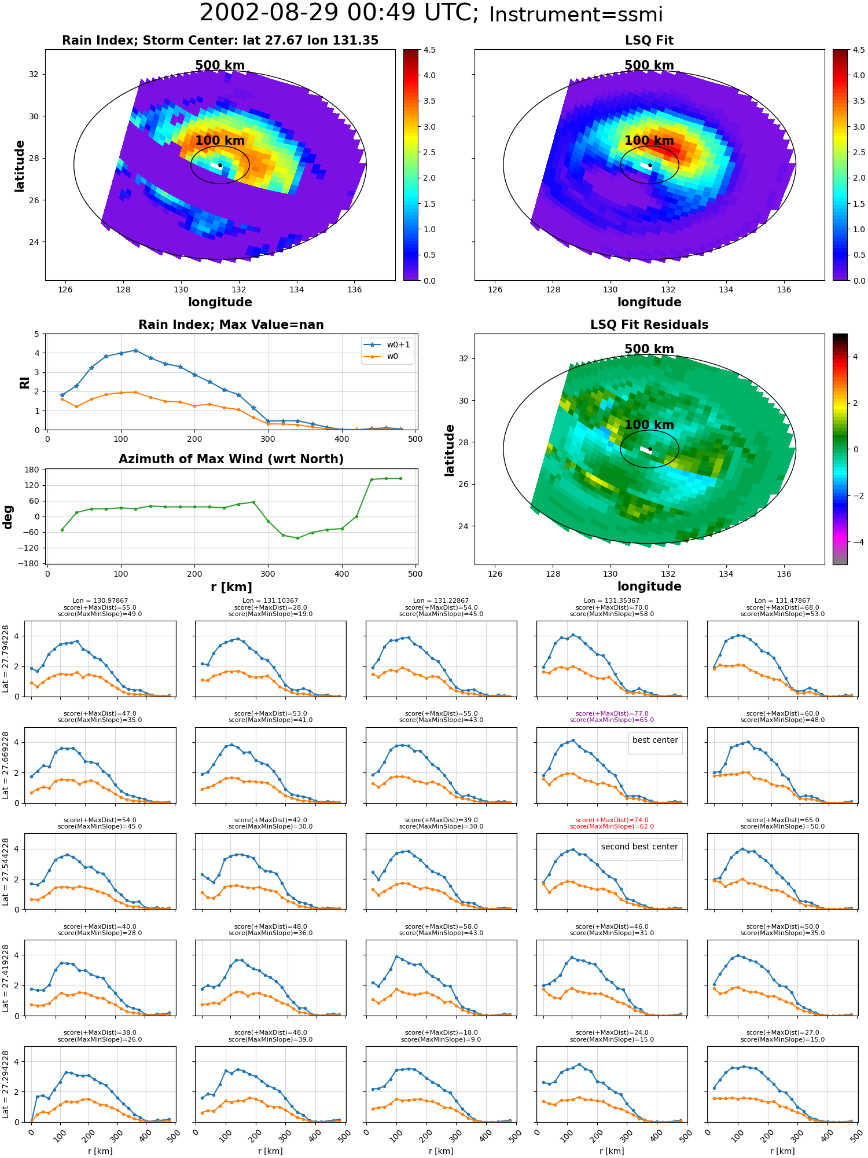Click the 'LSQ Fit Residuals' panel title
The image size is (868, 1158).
pyautogui.click(x=649, y=325)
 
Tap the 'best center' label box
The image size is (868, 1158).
pyautogui.click(x=655, y=740)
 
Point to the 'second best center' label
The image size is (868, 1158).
pyautogui.click(x=639, y=846)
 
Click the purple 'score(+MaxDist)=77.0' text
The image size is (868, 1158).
pyautogui.click(x=612, y=713)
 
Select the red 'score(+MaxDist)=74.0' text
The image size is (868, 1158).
pyautogui.click(x=612, y=820)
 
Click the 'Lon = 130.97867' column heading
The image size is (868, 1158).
pyautogui.click(x=100, y=601)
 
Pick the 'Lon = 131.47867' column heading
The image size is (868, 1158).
pyautogui.click(x=782, y=601)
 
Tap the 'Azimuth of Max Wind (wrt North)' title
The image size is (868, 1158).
pyautogui.click(x=231, y=459)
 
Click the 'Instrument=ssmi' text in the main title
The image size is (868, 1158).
pyautogui.click(x=576, y=15)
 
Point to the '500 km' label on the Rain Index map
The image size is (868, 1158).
pyautogui.click(x=220, y=65)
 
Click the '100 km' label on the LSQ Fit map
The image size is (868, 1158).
pyautogui.click(x=649, y=141)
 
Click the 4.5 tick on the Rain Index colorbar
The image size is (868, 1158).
pyautogui.click(x=429, y=50)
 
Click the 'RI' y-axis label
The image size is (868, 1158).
pyautogui.click(x=25, y=382)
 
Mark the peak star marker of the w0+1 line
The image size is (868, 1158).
pyautogui.click(x=135, y=350)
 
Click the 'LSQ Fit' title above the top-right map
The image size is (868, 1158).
pyautogui.click(x=649, y=41)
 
